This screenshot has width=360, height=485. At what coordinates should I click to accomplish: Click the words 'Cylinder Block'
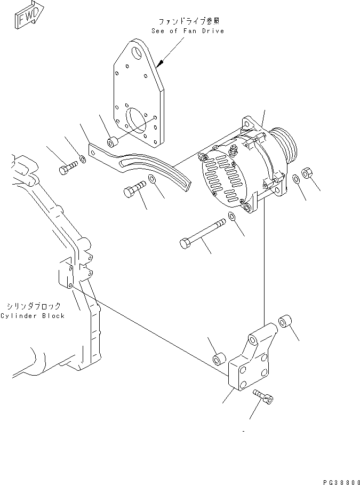(x=32, y=315)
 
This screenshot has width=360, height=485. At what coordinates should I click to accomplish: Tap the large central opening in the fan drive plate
(x=138, y=121)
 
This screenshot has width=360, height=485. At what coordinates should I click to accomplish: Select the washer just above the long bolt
(x=232, y=216)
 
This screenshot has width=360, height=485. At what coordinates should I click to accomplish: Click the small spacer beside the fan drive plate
(x=113, y=142)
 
